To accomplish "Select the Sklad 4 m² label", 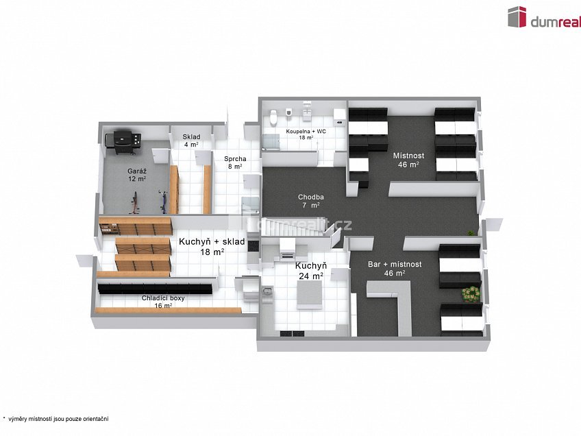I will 190,141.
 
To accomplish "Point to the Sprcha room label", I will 234,162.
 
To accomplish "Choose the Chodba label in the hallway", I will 310,201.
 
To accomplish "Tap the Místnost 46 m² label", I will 408,160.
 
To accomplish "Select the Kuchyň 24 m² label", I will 310,271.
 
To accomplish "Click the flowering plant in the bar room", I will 471,293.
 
